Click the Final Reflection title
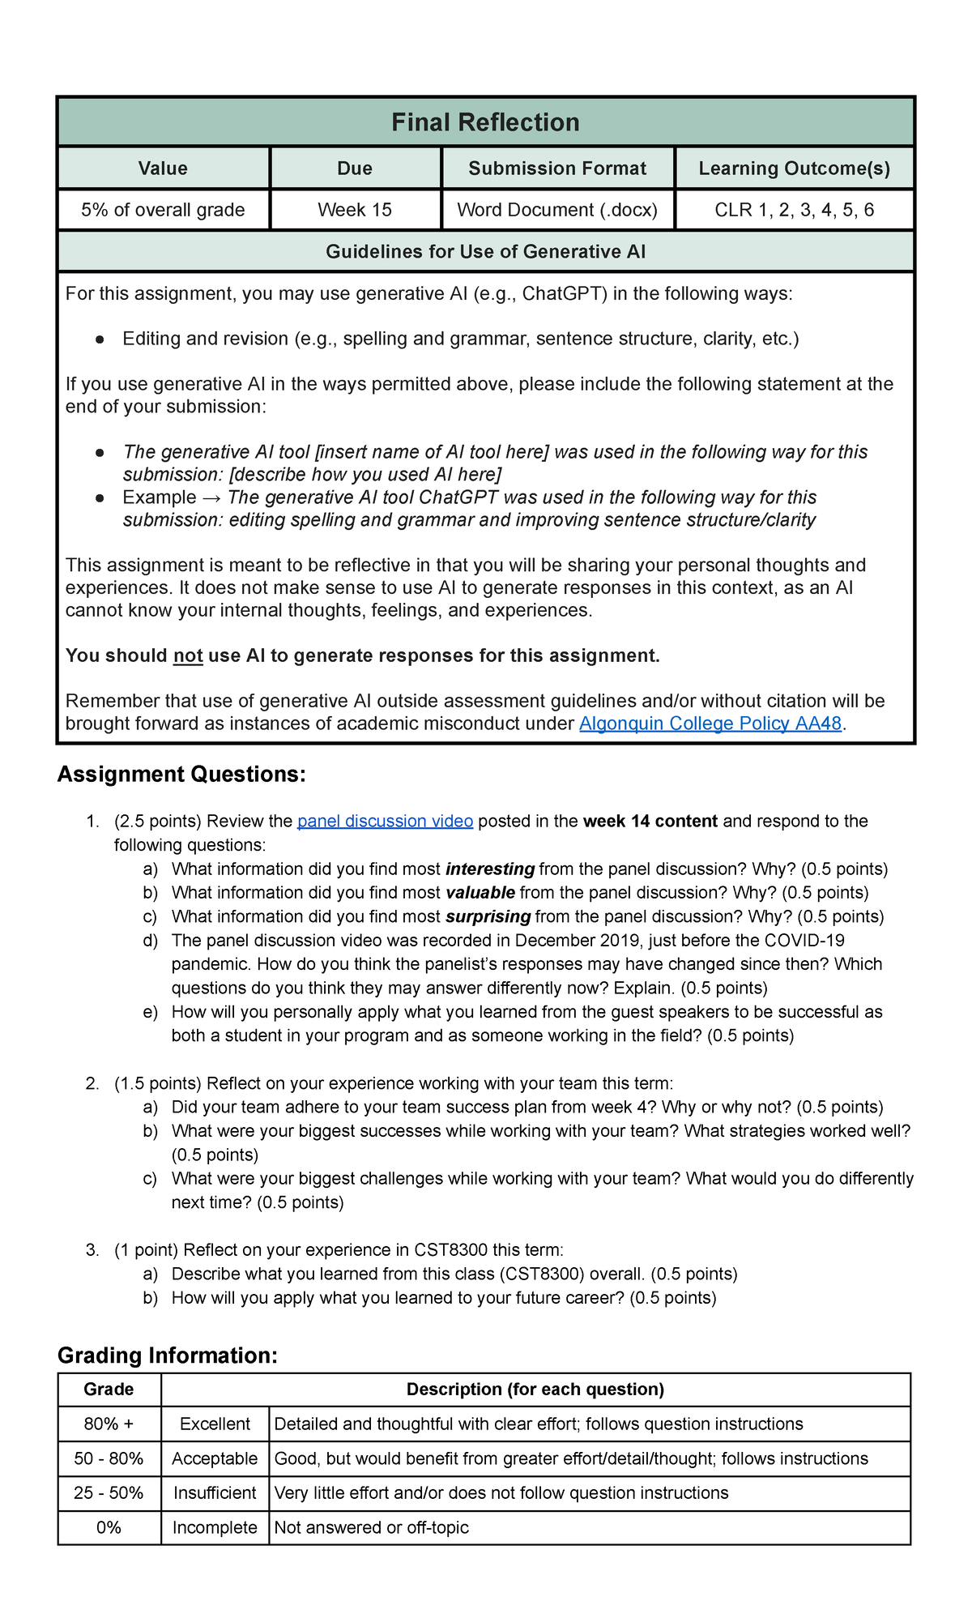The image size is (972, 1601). click(485, 122)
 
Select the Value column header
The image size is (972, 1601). click(163, 169)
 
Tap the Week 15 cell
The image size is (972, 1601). click(355, 210)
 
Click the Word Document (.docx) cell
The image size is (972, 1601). click(557, 210)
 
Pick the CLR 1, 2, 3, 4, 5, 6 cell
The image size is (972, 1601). click(794, 210)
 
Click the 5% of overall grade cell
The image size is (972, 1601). click(163, 210)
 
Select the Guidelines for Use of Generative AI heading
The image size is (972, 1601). click(485, 252)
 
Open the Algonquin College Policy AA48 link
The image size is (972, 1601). click(710, 724)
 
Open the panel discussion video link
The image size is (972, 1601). click(385, 821)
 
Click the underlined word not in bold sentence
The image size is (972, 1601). click(188, 655)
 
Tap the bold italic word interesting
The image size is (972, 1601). click(490, 869)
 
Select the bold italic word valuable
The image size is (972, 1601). click(480, 892)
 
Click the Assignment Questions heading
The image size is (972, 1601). click(181, 775)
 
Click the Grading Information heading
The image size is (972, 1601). click(168, 1356)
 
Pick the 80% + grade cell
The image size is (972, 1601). click(109, 1424)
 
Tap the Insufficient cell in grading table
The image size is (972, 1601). click(215, 1492)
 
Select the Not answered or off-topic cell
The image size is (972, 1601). click(372, 1527)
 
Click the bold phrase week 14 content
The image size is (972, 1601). click(650, 821)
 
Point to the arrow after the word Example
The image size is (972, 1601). click(212, 497)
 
